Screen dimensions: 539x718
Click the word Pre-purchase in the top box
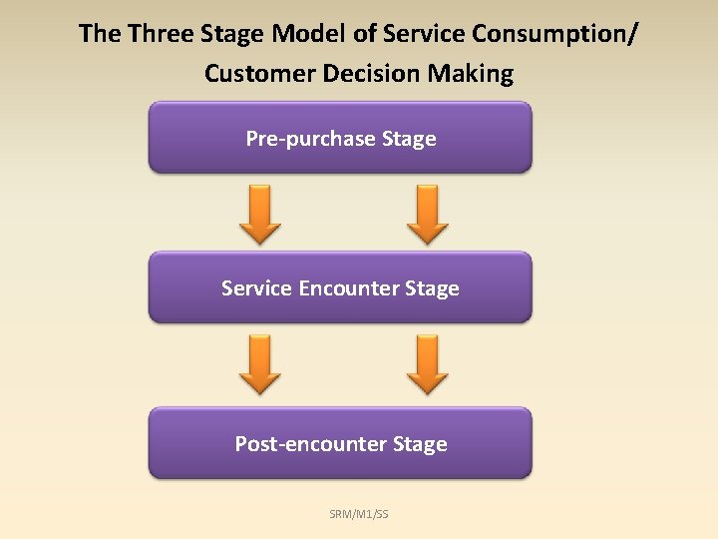pos(310,139)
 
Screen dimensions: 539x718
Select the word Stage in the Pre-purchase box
pos(409,139)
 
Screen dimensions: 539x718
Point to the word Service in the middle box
pos(256,288)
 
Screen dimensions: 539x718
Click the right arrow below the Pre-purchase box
pos(429,214)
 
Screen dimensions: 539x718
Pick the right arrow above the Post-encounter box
pos(429,364)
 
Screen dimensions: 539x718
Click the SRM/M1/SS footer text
pos(359,514)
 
